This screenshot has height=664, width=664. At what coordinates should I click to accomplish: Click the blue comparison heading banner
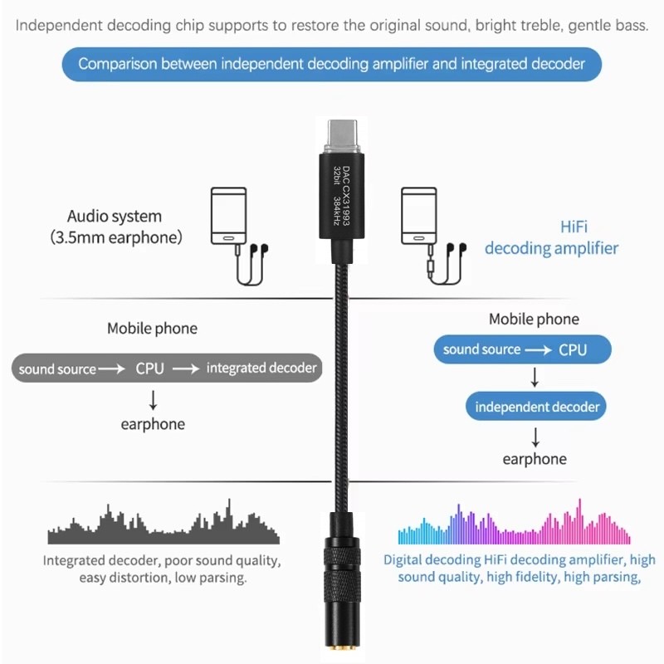(332, 63)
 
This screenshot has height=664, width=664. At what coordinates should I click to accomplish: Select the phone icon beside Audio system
(227, 216)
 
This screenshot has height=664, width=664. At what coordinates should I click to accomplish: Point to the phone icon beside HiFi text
(417, 216)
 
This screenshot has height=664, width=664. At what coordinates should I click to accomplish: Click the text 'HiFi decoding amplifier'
(552, 237)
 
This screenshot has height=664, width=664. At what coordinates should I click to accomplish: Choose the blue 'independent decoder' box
(536, 407)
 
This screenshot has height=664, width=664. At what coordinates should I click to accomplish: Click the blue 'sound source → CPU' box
(522, 349)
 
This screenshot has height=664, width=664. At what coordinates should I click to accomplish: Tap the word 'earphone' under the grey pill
(153, 424)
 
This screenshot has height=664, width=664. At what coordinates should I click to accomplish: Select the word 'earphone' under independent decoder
(535, 459)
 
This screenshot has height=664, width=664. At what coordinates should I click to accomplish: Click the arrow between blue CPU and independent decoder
(535, 378)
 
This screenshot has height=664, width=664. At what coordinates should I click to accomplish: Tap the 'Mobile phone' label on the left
(153, 329)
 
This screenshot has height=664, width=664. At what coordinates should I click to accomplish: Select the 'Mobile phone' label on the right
(535, 320)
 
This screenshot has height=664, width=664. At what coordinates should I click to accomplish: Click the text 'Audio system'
(115, 217)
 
